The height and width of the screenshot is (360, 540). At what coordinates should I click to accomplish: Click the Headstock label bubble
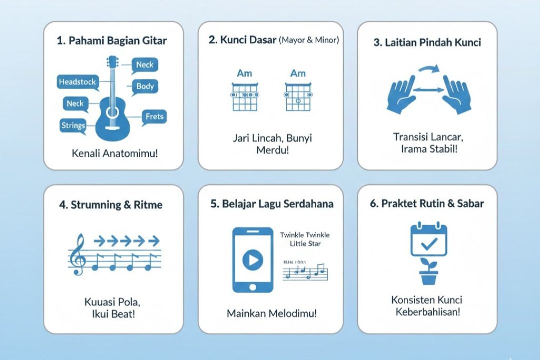click(77, 82)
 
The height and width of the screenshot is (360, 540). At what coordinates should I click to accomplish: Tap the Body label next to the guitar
click(145, 86)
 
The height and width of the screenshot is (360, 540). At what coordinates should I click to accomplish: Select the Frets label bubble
click(155, 117)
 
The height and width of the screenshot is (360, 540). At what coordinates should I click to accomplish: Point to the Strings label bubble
click(73, 125)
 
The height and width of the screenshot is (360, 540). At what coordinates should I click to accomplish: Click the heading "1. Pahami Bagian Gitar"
click(112, 41)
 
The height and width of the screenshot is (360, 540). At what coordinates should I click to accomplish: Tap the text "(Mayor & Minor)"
click(309, 40)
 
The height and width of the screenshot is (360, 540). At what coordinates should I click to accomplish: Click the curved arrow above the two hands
click(428, 70)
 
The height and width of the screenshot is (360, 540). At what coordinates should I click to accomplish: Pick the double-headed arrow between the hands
click(428, 90)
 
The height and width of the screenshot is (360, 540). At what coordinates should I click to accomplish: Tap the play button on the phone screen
click(253, 259)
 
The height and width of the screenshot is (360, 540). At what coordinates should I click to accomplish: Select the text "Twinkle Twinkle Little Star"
click(305, 239)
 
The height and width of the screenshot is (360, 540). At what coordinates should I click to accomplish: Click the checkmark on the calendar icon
click(429, 244)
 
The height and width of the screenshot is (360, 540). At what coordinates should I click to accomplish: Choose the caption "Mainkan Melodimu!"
click(272, 313)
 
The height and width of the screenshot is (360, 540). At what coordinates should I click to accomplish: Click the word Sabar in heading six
click(468, 203)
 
